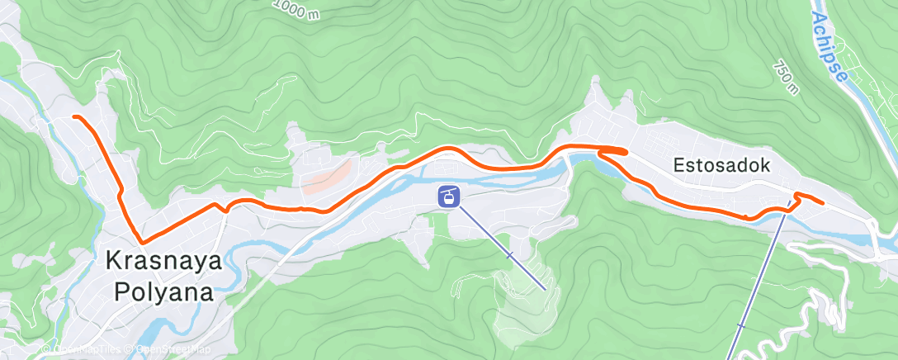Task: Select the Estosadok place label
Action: tap(721, 165)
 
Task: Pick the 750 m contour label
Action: tap(787, 76)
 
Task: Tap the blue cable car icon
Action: tap(448, 197)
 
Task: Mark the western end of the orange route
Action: tap(74, 117)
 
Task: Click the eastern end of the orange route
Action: tap(823, 201)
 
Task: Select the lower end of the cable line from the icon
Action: tap(545, 290)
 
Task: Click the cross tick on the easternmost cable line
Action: tap(741, 326)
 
